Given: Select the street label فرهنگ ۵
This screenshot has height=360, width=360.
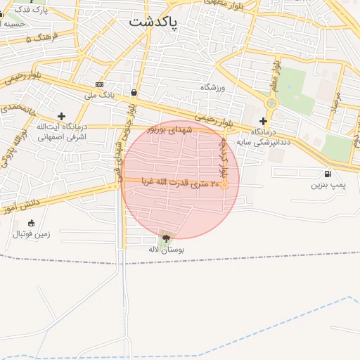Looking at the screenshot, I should pos(39,37).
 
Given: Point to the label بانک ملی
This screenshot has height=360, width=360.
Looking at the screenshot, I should pos(99,94).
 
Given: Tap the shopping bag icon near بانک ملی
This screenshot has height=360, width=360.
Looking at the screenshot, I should pos(134,92).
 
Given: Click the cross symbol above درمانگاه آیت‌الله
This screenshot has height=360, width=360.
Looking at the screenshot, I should pos(61,115).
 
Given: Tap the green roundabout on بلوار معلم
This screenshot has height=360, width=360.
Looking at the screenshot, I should pos(271,103).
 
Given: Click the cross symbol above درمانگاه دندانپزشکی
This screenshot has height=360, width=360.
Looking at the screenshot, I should pos(263,121).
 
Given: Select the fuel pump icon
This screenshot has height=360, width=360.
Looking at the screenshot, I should pos(328,174).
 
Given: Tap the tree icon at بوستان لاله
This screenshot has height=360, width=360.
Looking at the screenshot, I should pos(166,238).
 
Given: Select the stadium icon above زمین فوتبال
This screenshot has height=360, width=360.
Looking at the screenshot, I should pos(30,223).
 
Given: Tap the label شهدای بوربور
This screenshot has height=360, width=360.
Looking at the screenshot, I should pos(169,130).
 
